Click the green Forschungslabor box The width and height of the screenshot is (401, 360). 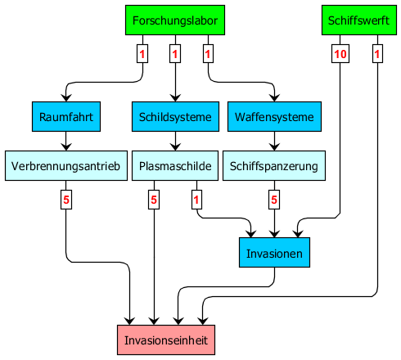[x=175, y=20]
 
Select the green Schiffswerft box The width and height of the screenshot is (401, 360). [x=359, y=20]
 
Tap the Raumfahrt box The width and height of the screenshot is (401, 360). [x=66, y=117]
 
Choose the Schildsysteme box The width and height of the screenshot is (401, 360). [x=175, y=117]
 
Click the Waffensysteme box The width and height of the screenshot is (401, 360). [x=274, y=117]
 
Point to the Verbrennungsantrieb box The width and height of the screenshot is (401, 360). [x=66, y=166]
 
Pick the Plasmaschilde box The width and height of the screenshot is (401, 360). [x=175, y=166]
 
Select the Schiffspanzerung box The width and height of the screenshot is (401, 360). [x=274, y=166]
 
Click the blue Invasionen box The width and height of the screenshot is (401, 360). [x=274, y=253]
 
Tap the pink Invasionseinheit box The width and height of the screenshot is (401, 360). [x=166, y=340]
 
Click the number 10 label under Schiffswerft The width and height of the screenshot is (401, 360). [x=340, y=54]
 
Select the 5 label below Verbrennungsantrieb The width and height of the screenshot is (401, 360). [x=66, y=200]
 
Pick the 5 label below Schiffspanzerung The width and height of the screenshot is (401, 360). [x=274, y=200]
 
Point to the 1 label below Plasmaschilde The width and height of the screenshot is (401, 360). [x=196, y=200]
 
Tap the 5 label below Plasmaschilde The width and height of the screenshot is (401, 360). [x=154, y=200]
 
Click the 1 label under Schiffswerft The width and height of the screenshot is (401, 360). [x=377, y=54]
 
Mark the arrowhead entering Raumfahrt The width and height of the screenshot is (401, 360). [x=66, y=97]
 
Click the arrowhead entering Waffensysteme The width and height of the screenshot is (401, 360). [x=274, y=97]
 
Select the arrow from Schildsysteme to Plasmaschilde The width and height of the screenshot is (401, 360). [x=175, y=142]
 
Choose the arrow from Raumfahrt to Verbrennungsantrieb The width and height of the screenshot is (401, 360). [x=66, y=142]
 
